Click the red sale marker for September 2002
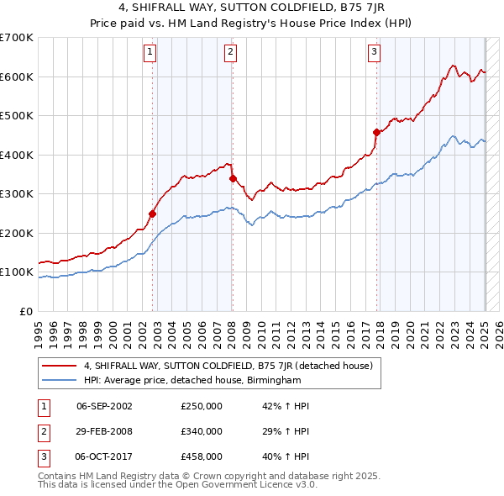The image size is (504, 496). point(153,214)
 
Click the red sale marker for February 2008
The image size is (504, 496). point(233,178)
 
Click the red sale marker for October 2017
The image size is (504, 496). point(376,132)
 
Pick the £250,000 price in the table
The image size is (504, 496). point(202,405)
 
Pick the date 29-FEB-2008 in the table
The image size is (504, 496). point(104,431)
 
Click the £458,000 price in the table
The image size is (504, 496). point(202,457)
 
